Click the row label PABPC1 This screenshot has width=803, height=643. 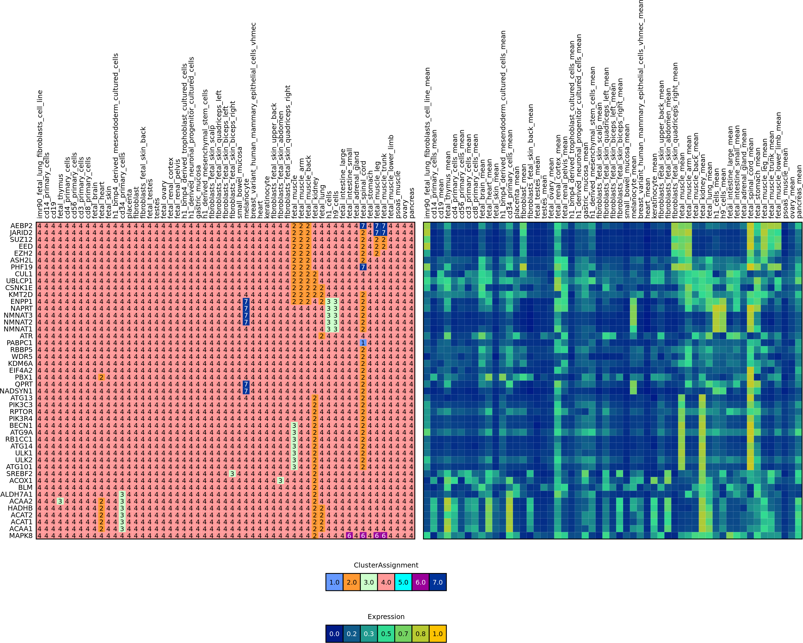tap(19, 343)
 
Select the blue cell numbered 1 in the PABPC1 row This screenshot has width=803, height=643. tap(363, 343)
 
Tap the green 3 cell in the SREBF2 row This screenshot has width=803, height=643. tap(232, 474)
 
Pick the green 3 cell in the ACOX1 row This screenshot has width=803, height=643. tap(280, 480)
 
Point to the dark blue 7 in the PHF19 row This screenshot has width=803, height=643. tap(363, 267)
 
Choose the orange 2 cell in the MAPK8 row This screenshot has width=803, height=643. tap(315, 536)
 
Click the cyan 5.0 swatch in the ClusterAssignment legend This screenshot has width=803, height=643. tap(403, 582)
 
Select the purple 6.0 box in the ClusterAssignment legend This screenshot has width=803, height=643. tap(421, 582)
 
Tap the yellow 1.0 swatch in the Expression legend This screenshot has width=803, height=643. tap(438, 634)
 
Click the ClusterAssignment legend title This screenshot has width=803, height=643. tap(386, 565)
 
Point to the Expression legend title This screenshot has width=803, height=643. tap(386, 617)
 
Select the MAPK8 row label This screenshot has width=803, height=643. tap(21, 536)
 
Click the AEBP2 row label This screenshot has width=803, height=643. tap(21, 226)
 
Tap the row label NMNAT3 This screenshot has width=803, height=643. tap(18, 315)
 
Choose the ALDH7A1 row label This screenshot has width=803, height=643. tap(17, 494)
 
